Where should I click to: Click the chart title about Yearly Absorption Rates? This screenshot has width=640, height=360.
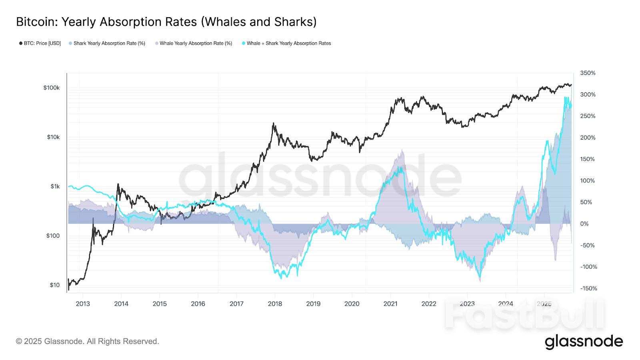click(x=166, y=22)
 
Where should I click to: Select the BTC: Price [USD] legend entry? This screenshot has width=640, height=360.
click(x=40, y=43)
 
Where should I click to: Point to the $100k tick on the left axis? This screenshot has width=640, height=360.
click(x=52, y=88)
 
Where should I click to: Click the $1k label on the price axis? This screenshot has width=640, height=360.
click(x=55, y=186)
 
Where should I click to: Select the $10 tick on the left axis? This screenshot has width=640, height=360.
click(x=54, y=285)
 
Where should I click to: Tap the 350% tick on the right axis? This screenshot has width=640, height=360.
click(x=588, y=73)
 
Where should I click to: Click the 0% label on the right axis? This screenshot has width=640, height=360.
click(x=584, y=224)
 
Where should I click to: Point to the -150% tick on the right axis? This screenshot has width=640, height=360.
click(x=588, y=288)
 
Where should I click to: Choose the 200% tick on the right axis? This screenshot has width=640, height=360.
click(x=588, y=138)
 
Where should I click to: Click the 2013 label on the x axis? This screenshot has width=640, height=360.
click(x=83, y=304)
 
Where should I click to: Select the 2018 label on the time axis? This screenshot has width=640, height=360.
click(x=275, y=304)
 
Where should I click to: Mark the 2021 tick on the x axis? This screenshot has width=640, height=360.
click(x=390, y=304)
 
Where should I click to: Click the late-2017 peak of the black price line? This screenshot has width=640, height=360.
click(x=274, y=123)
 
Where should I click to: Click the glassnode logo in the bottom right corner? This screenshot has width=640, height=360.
click(x=584, y=342)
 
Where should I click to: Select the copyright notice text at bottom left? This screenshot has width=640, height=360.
click(x=88, y=341)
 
